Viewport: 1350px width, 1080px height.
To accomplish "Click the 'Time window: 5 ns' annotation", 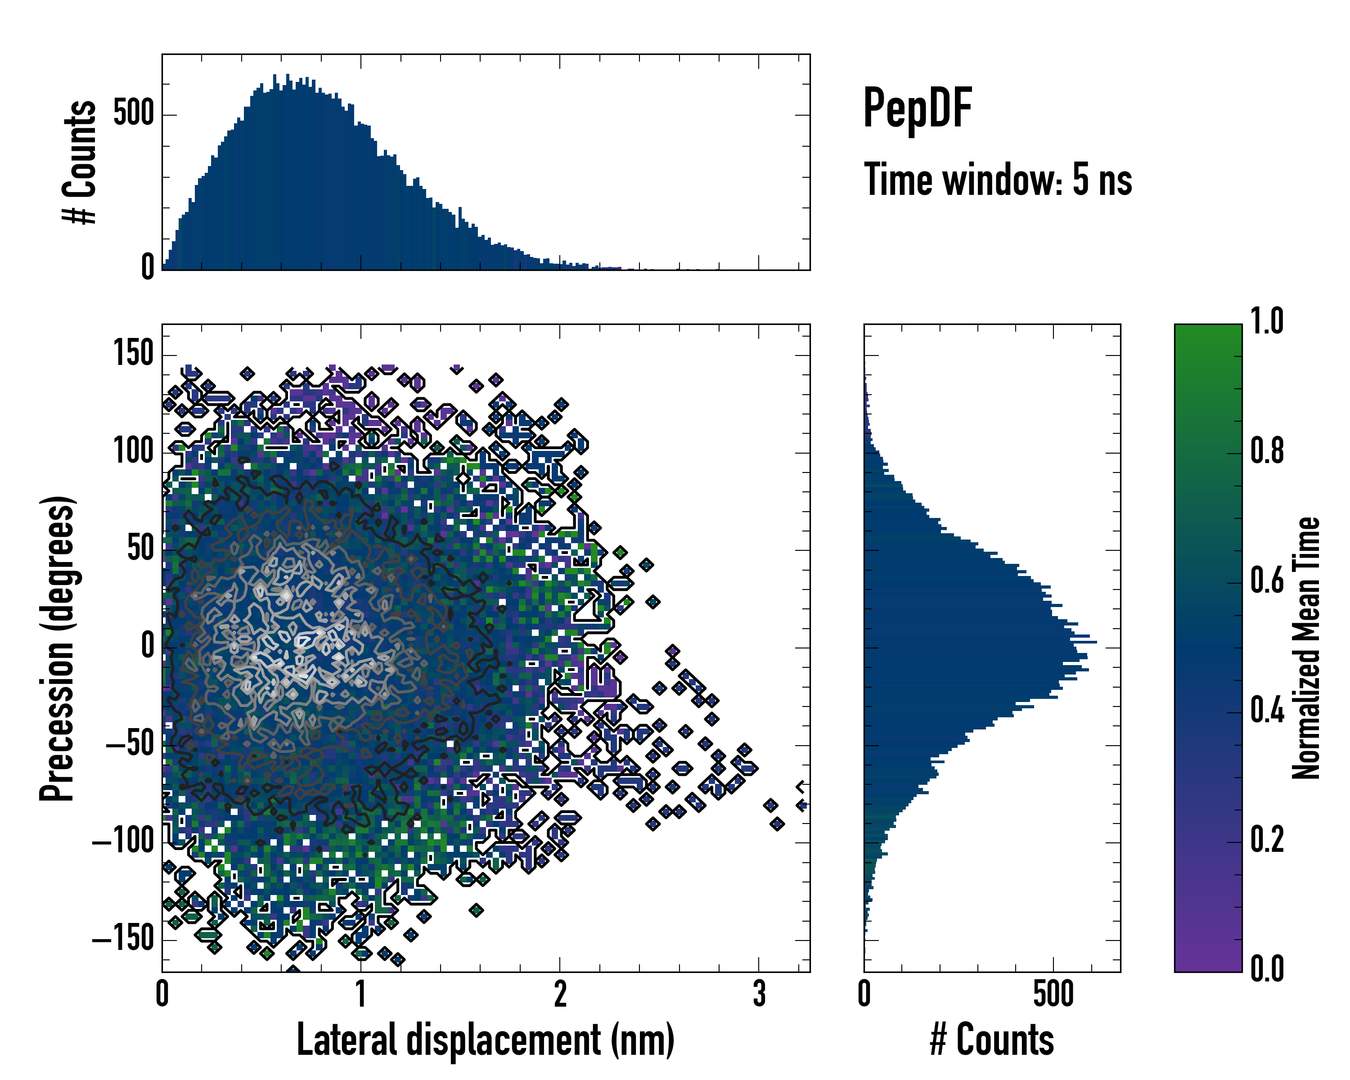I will (x=998, y=180).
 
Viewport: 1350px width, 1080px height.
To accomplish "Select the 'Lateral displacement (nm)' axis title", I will (x=485, y=1040).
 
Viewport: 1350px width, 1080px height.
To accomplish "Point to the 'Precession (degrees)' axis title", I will (x=58, y=648).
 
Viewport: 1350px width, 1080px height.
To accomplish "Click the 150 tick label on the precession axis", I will (x=133, y=353).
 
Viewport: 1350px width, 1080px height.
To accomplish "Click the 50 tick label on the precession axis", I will (x=140, y=549).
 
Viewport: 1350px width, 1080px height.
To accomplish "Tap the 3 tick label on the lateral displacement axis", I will (x=759, y=994).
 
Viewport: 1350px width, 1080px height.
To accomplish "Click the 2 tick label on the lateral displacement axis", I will (x=560, y=994).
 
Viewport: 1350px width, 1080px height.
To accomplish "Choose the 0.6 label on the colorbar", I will (x=1267, y=580).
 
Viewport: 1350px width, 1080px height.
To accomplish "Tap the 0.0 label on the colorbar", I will (x=1267, y=968).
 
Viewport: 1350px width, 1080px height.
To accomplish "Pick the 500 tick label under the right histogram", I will (x=1053, y=994).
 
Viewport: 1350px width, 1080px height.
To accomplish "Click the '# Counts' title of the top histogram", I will (x=80, y=162).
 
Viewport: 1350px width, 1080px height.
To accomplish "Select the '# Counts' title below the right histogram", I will (x=992, y=1040).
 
